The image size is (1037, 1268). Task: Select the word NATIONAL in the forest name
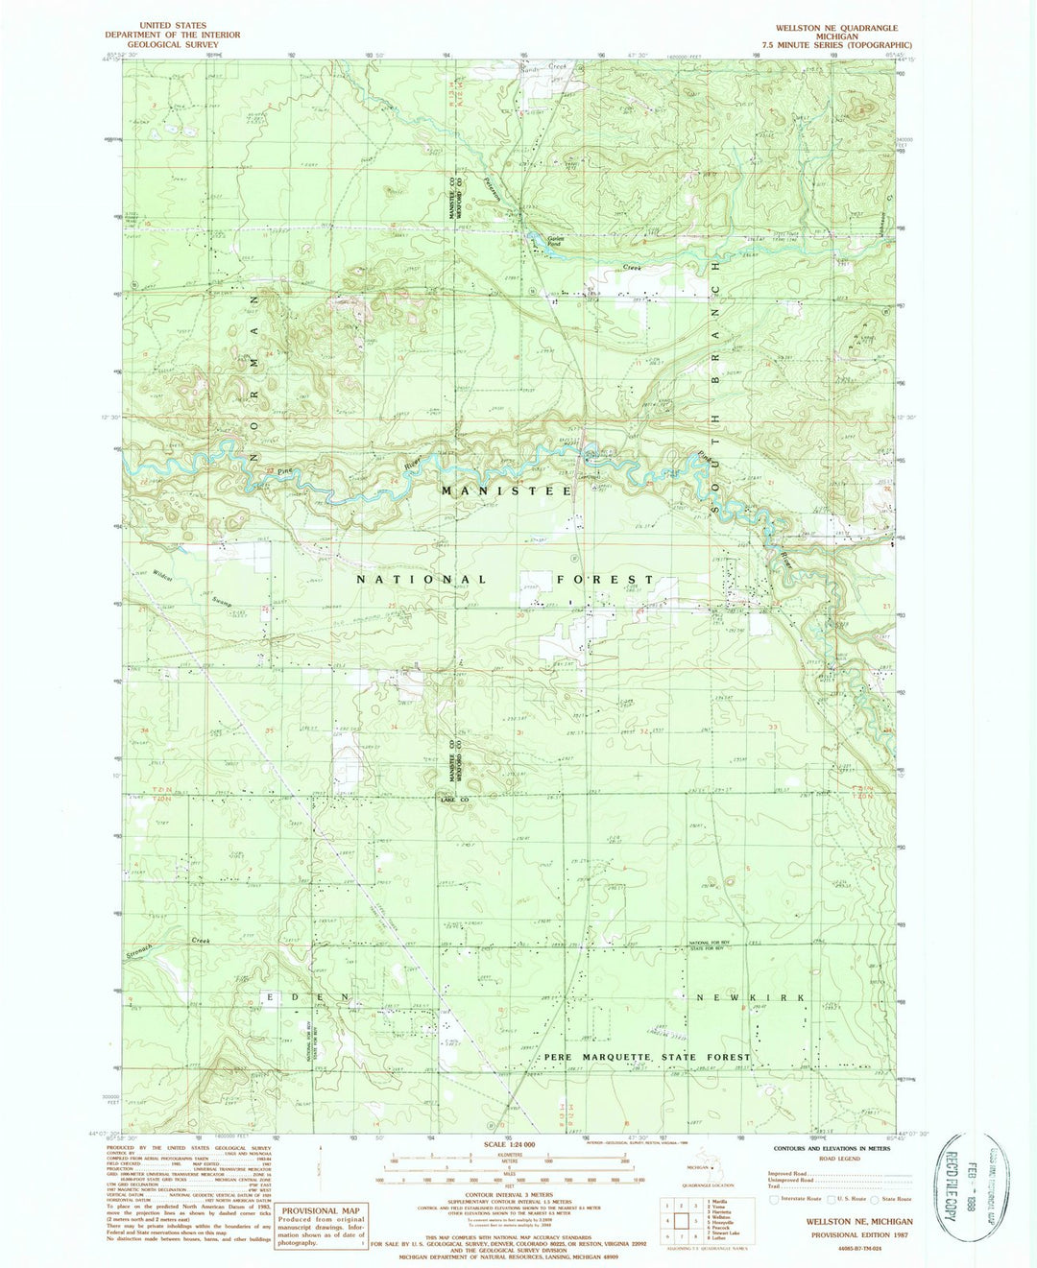[x=422, y=580]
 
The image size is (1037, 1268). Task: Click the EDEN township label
[x=307, y=998]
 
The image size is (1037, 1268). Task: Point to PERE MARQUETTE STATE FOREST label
[x=647, y=1057]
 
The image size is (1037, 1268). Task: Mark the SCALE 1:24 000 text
[x=519, y=1144]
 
